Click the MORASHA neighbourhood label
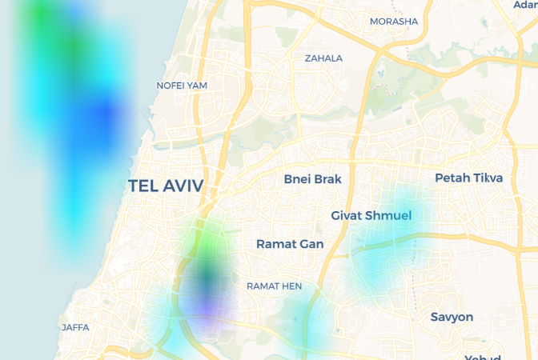click(394, 21)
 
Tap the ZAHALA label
click(323, 58)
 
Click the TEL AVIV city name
click(166, 186)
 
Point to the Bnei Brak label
click(312, 179)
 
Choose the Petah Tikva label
click(468, 178)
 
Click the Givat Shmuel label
click(371, 216)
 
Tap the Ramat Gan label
click(290, 244)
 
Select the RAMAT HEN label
click(274, 286)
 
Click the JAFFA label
click(75, 327)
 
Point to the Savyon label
click(452, 317)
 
